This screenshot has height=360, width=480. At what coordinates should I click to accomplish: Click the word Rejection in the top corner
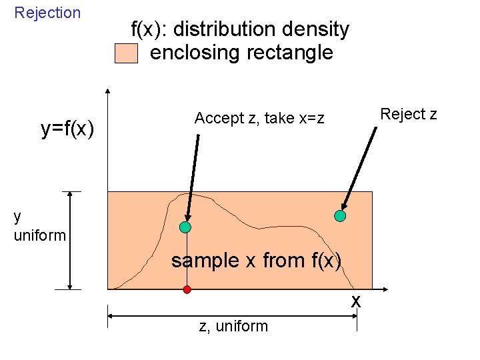click(x=47, y=13)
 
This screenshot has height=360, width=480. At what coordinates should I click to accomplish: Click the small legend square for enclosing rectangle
click(x=126, y=53)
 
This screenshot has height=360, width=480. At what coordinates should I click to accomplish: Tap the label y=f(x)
click(x=67, y=129)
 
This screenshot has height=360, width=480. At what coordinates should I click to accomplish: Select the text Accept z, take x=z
click(x=259, y=119)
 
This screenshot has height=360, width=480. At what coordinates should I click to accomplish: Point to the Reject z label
click(x=408, y=114)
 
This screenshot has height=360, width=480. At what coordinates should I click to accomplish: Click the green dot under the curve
click(x=186, y=227)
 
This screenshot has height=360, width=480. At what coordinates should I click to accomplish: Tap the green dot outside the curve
click(x=340, y=216)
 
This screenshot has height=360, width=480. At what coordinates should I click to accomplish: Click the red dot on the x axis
click(x=187, y=289)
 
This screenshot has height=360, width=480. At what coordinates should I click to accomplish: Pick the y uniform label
click(x=39, y=225)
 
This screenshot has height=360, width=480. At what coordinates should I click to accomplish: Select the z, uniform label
click(x=233, y=326)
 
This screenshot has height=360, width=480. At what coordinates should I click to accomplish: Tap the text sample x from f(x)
click(x=257, y=261)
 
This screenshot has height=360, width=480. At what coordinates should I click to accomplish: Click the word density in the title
click(x=310, y=29)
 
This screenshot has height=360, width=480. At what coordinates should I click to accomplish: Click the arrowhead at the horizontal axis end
click(x=385, y=290)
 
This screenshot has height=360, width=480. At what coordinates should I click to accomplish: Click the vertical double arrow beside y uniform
click(x=70, y=240)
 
